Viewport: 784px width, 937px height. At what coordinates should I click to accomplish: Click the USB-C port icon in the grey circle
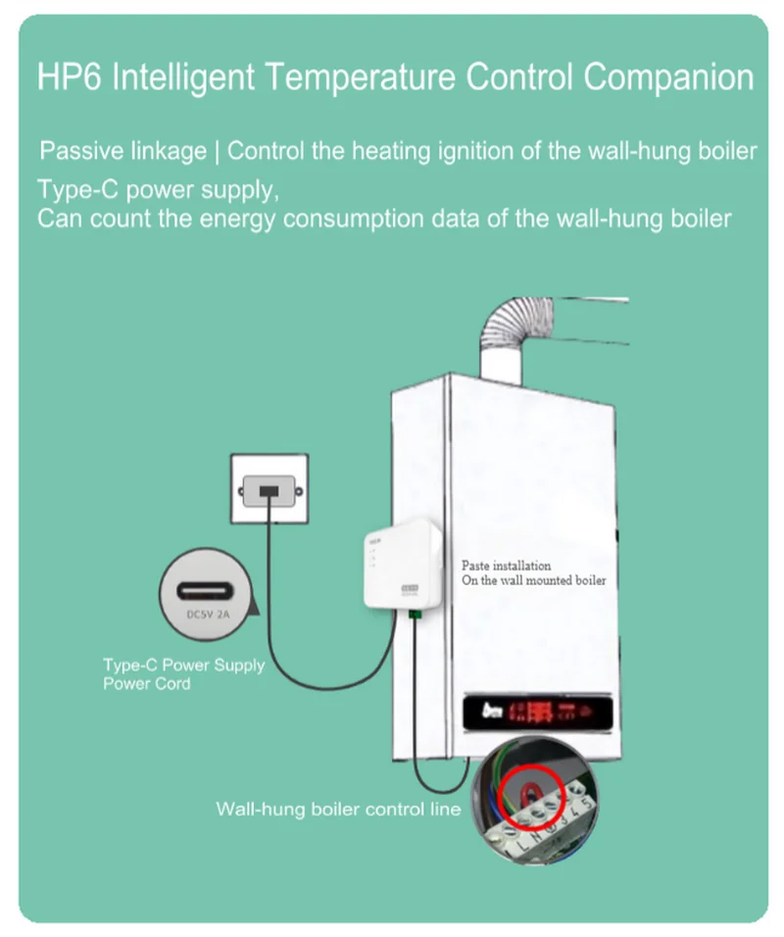pyautogui.click(x=208, y=592)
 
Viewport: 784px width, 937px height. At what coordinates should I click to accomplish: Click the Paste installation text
pyautogui.click(x=506, y=567)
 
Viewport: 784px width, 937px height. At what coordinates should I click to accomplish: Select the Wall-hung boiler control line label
pyautogui.click(x=338, y=810)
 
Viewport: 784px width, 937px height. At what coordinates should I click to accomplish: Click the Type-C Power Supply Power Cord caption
pyautogui.click(x=183, y=673)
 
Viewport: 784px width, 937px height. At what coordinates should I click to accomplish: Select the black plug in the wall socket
pyautogui.click(x=269, y=489)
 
